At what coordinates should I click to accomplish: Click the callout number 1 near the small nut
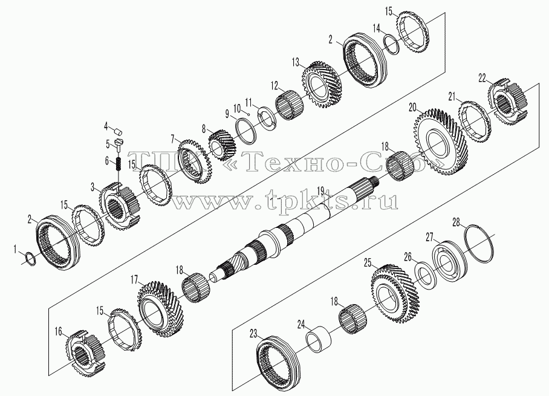coord(15,249)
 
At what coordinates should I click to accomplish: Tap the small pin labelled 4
coord(119,132)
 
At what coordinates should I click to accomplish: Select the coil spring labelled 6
coord(119,163)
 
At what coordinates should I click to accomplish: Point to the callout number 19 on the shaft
coord(320,191)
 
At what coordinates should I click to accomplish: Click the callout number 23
coord(253,334)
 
